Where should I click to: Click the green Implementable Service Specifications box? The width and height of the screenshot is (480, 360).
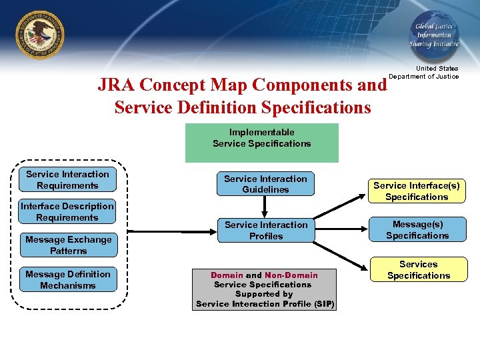262,143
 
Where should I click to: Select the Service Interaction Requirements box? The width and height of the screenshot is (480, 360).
67,180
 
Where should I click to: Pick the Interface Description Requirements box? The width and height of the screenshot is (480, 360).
67,212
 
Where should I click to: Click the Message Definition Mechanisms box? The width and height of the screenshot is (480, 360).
68,280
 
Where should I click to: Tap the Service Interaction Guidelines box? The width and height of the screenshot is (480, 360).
265,184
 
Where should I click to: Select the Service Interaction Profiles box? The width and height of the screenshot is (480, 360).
266,231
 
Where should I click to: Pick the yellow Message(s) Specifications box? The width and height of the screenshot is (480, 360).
417,230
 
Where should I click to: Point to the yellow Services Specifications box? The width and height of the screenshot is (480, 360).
419,270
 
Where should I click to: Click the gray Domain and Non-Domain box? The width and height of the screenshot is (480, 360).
265,289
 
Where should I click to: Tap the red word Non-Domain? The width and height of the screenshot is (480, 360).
291,275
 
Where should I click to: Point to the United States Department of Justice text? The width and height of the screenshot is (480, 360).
424,73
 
